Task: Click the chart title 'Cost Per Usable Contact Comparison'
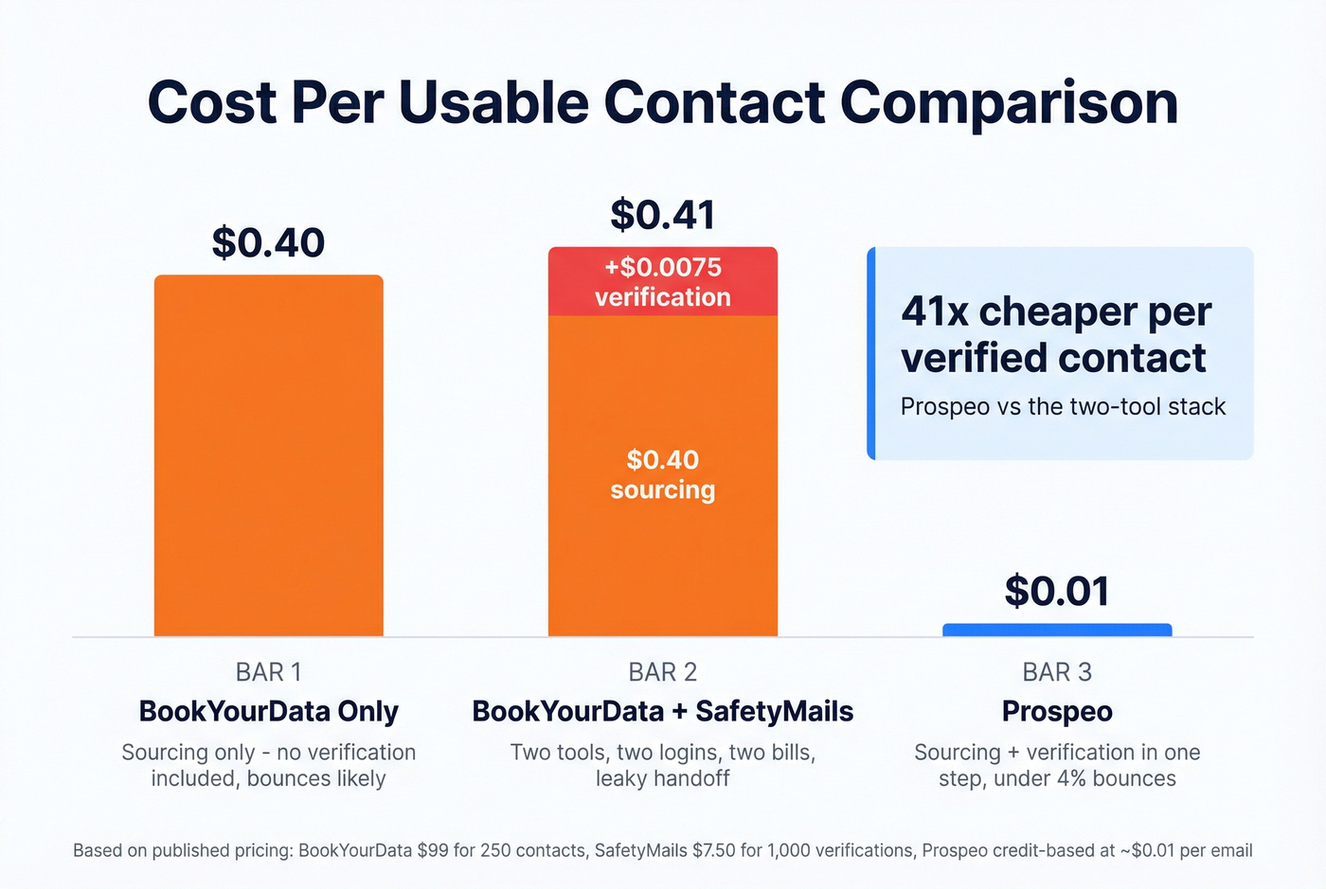(663, 102)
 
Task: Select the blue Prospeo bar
(1057, 630)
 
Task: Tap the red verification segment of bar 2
(663, 281)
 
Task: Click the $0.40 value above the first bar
(268, 242)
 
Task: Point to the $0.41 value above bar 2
(662, 215)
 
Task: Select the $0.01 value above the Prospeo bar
(1057, 591)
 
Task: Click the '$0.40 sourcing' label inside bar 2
(663, 474)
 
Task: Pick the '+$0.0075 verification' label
(663, 281)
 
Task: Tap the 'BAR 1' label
(268, 672)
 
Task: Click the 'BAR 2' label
(663, 672)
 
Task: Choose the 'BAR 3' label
(1057, 672)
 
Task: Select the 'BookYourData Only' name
(268, 711)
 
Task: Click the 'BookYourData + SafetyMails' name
(663, 711)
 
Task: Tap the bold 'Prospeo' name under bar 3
(1057, 711)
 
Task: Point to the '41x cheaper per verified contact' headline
(1055, 334)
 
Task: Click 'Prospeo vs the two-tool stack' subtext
(1063, 406)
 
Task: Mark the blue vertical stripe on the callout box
(871, 353)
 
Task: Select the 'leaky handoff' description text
(663, 779)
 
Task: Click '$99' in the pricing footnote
(433, 850)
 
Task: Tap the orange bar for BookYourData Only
(268, 454)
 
